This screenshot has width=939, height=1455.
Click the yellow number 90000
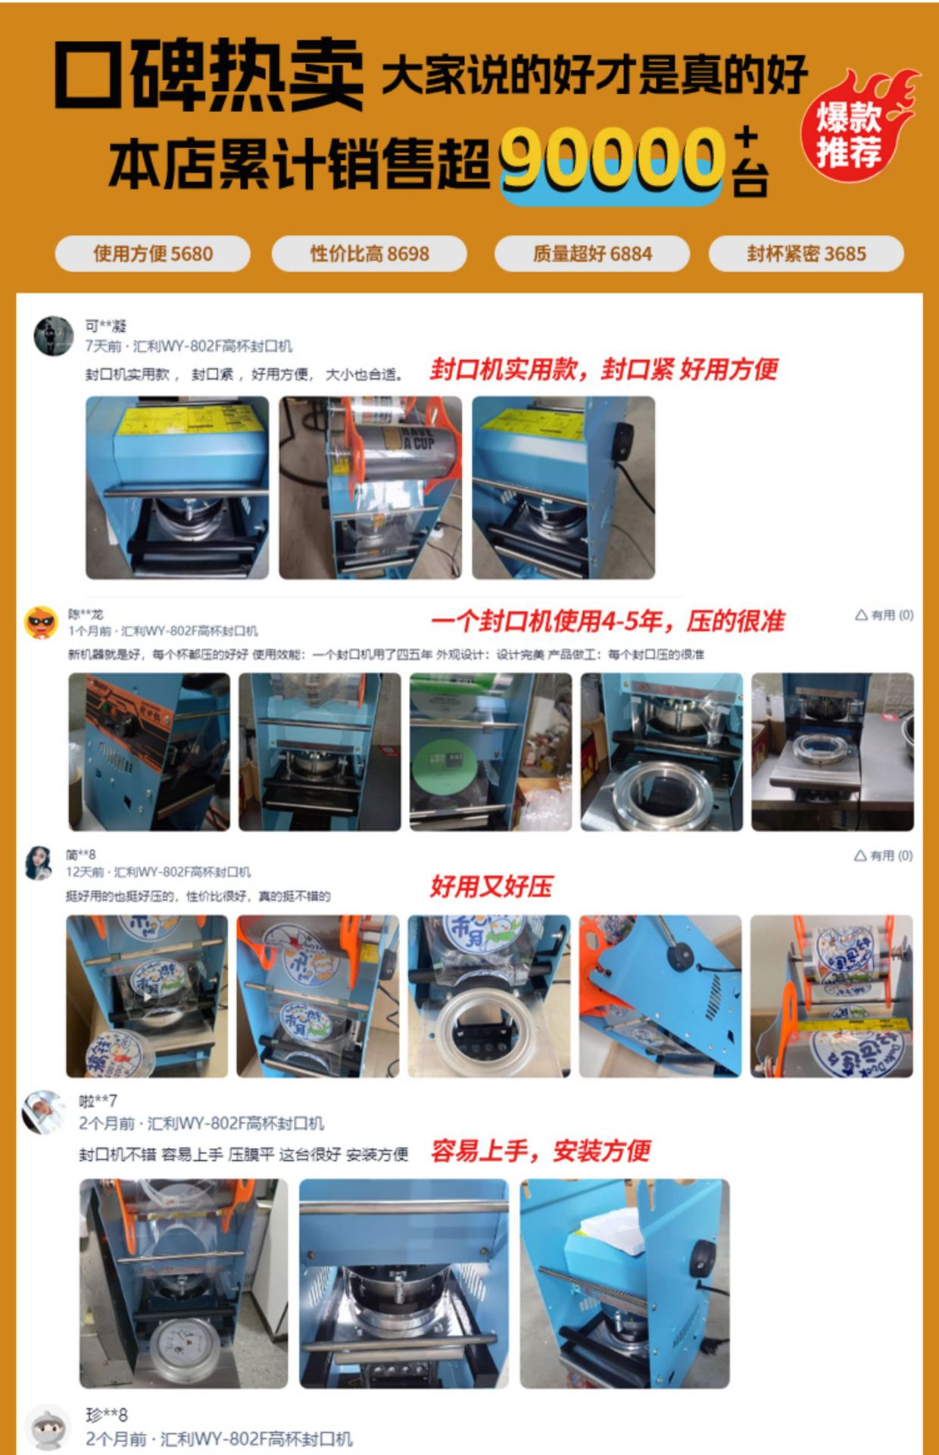coord(610,159)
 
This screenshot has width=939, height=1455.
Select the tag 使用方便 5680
coord(152,254)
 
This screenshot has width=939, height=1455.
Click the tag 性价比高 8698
coord(369,254)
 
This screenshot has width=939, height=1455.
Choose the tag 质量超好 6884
coord(591,254)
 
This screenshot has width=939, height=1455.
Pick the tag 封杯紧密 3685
coord(806,254)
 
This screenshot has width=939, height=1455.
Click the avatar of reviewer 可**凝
coord(54,335)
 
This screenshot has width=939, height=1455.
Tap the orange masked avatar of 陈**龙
coord(42,623)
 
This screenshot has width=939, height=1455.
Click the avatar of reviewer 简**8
coord(39,862)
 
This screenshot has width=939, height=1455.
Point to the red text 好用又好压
coord(491,886)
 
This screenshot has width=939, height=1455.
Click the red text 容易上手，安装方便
coord(540,1151)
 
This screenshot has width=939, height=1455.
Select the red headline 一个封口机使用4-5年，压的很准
coord(607,622)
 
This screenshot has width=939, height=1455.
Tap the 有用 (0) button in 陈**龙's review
coord(884,615)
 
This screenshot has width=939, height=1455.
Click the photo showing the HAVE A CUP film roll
coord(370,487)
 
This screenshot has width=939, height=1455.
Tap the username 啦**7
coord(98,1101)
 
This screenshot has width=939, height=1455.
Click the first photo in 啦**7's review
coord(183,1283)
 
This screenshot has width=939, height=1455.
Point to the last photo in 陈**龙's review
coord(831,752)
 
